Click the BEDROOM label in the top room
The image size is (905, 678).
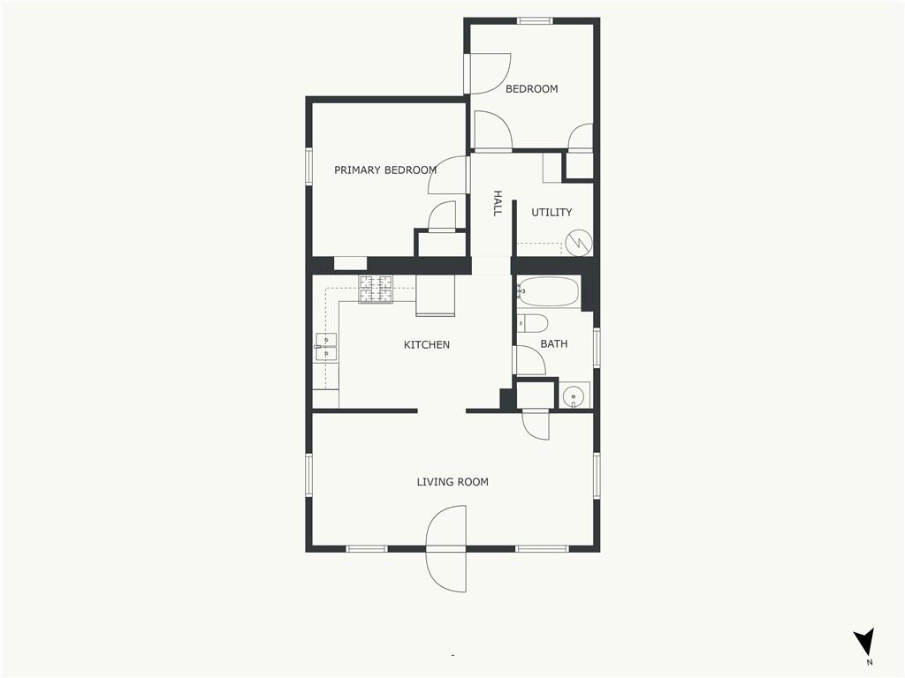(x=531, y=89)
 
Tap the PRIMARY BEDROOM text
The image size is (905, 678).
(x=385, y=170)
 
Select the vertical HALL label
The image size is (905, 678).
(x=497, y=204)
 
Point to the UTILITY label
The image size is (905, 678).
(x=551, y=212)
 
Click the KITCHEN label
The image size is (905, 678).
(x=427, y=345)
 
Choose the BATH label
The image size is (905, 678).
(x=554, y=343)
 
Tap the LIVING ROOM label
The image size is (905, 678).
(x=452, y=482)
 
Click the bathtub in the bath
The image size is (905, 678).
(x=548, y=291)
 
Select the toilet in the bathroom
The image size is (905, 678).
(x=531, y=323)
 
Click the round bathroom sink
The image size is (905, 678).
(x=574, y=396)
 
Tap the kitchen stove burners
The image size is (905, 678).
(x=376, y=290)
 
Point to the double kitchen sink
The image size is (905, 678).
(x=326, y=348)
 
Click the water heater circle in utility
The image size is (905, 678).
(x=578, y=243)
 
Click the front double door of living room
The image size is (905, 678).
(x=445, y=549)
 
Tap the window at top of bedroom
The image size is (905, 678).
(x=535, y=21)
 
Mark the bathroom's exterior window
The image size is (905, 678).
(x=597, y=347)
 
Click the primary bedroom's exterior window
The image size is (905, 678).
(x=308, y=167)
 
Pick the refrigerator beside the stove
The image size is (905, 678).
(x=435, y=295)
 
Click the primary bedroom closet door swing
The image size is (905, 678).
(x=442, y=216)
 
